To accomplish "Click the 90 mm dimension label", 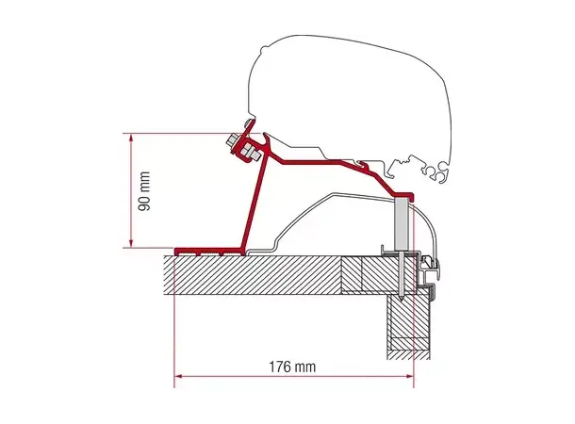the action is pyautogui.click(x=144, y=190).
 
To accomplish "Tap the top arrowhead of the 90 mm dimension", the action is pyautogui.click(x=131, y=138).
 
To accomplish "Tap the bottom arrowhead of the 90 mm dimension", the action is pyautogui.click(x=131, y=242).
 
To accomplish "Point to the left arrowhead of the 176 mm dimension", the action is pyautogui.click(x=178, y=376).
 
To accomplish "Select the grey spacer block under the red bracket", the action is pyautogui.click(x=402, y=224).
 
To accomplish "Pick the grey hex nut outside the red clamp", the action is pyautogui.click(x=232, y=140).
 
